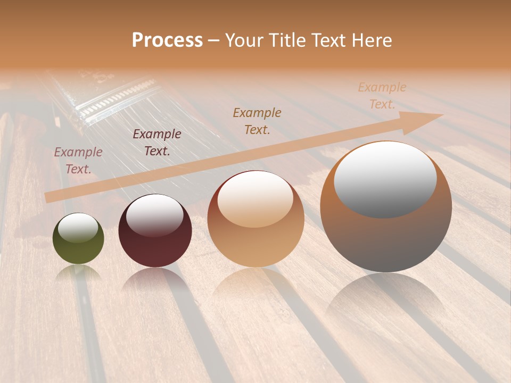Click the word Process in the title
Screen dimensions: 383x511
167,40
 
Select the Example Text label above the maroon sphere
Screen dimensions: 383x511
157,143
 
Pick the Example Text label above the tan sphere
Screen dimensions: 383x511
257,121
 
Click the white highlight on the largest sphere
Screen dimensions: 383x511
385,178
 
